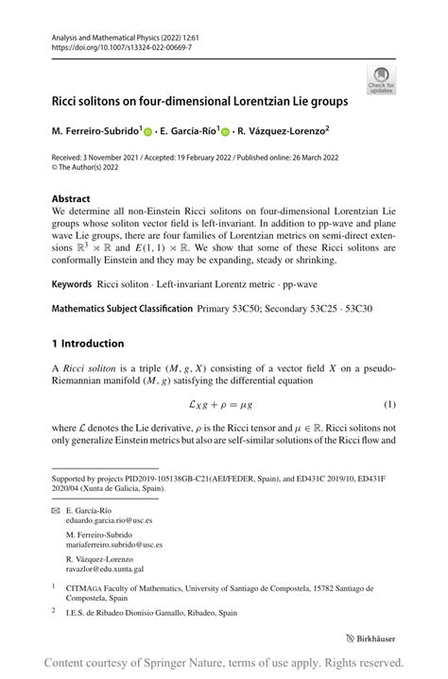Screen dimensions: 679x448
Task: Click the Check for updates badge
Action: coord(384,79)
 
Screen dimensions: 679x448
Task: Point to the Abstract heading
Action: coord(72,199)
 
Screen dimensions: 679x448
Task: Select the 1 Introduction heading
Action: coord(88,343)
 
